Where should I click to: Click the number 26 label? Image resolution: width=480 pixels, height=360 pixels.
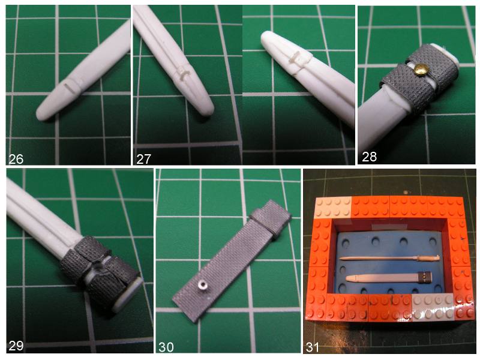(x=16, y=159)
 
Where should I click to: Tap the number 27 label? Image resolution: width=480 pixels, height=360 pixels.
(x=143, y=159)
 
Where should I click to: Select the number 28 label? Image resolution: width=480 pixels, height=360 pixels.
(x=369, y=157)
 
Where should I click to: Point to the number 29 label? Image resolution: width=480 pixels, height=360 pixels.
(x=16, y=346)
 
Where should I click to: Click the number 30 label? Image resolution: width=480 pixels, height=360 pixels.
(x=166, y=347)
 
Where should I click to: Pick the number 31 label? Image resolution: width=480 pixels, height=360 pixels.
(x=313, y=347)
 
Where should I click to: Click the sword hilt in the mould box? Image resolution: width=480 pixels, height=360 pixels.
(x=428, y=258)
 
